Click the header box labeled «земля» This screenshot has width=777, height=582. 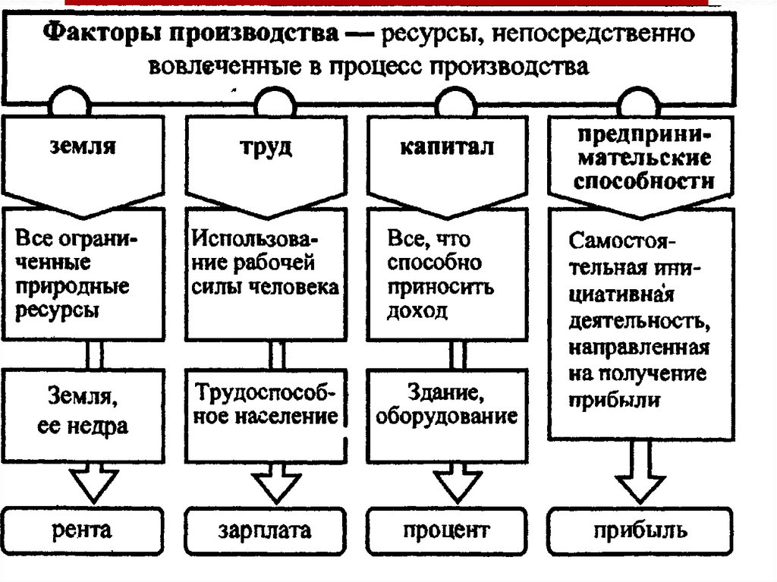[85, 152]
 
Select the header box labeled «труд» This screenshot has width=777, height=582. [267, 152]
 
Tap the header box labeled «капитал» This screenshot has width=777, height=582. [448, 152]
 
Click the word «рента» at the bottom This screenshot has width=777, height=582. [85, 530]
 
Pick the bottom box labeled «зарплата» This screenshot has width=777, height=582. [266, 530]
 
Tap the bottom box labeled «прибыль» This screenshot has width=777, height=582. [642, 530]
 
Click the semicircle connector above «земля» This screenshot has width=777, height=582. [71, 102]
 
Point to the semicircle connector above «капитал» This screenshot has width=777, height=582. [454, 102]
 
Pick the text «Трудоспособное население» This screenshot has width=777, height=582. [266, 404]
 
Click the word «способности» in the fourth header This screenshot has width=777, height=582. [642, 182]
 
